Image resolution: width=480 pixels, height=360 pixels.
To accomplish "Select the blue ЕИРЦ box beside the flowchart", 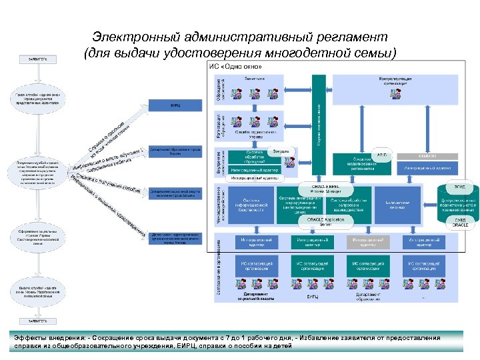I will click(175, 105).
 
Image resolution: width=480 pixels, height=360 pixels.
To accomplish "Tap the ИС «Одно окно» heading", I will click(231, 67).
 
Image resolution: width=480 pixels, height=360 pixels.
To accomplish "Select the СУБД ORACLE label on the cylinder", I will click(457, 223).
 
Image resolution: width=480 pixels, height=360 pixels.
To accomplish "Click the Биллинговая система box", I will click(397, 203).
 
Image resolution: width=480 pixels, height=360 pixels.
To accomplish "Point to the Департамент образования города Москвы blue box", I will click(175, 151).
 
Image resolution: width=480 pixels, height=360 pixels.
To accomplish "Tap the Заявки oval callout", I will click(281, 151).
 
